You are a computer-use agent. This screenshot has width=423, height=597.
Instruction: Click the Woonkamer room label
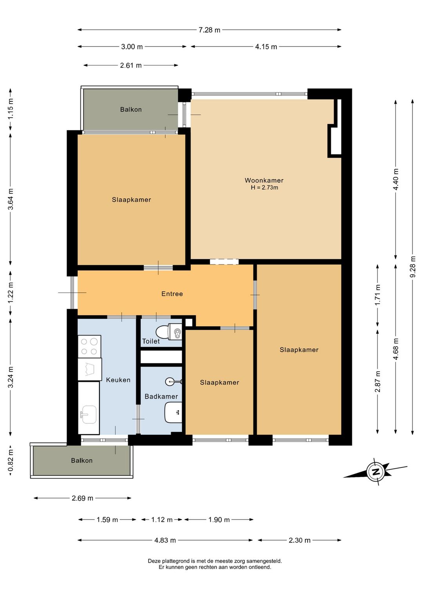(264, 180)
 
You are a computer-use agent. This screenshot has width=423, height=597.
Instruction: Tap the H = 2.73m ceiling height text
(264, 188)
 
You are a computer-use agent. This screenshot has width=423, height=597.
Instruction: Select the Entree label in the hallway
(172, 294)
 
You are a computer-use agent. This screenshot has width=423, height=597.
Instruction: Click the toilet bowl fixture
(168, 332)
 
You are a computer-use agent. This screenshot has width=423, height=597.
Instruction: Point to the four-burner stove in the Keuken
(89, 346)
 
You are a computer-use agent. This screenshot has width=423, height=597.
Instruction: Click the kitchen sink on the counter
(89, 414)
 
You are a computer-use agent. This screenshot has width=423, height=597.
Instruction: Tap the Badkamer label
(161, 396)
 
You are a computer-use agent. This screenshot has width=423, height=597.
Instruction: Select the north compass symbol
(376, 471)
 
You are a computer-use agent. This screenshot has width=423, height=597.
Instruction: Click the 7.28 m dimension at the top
(209, 30)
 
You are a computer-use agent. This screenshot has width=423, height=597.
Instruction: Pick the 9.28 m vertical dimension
(412, 267)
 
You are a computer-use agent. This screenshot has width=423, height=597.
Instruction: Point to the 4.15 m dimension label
(266, 47)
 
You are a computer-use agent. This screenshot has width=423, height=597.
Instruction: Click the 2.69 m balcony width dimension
(82, 498)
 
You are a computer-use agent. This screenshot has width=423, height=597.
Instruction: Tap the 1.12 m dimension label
(162, 520)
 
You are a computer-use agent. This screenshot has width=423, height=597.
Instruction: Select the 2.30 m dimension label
(299, 540)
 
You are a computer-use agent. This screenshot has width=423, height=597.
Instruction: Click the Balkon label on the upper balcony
(131, 110)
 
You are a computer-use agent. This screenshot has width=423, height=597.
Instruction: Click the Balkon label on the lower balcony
(82, 460)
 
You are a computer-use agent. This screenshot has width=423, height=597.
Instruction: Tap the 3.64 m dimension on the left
(11, 199)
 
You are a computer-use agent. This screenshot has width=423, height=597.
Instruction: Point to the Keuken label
(118, 380)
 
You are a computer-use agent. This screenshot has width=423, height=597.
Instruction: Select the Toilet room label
(151, 341)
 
